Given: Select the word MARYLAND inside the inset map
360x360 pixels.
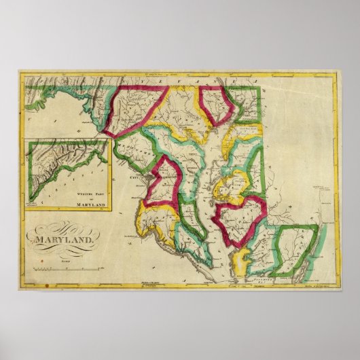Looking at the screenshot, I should click(x=92, y=204).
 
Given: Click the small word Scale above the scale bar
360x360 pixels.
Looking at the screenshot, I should click(x=65, y=262).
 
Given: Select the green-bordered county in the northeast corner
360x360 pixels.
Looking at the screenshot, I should click(x=244, y=103).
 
